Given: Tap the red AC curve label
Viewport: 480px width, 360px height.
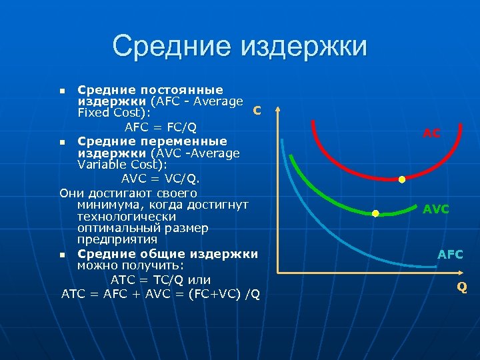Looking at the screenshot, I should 431,133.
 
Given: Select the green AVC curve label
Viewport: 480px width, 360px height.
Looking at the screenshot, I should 436,209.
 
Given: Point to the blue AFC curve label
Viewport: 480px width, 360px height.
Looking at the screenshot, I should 450,255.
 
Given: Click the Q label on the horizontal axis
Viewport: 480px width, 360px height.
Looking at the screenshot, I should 461,287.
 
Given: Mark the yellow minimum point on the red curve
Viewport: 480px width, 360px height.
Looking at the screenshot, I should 402,180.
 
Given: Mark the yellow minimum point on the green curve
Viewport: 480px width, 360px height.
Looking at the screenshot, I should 375,213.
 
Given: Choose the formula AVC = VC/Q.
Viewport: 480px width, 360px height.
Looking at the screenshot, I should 160,179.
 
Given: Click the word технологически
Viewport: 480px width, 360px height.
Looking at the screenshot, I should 127,217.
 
